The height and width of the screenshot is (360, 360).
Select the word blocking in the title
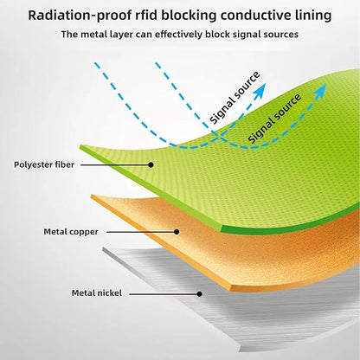tap(189, 16)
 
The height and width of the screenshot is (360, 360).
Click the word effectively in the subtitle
tap(178, 35)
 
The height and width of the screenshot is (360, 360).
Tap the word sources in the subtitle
tap(281, 35)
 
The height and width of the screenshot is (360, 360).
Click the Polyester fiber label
tap(44, 164)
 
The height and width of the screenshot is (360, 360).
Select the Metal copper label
tap(71, 232)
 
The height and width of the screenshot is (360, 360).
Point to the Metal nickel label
tap(97, 293)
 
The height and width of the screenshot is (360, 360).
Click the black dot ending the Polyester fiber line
tap(151, 164)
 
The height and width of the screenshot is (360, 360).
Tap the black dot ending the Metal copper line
tap(177, 232)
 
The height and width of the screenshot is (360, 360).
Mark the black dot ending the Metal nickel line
tap(199, 294)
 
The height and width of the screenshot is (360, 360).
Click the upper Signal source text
tap(235, 98)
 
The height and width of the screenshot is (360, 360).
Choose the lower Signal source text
tap(274, 119)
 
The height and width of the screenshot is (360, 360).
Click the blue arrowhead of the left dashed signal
tap(260, 91)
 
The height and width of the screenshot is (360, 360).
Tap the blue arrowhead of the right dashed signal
tap(320, 91)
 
